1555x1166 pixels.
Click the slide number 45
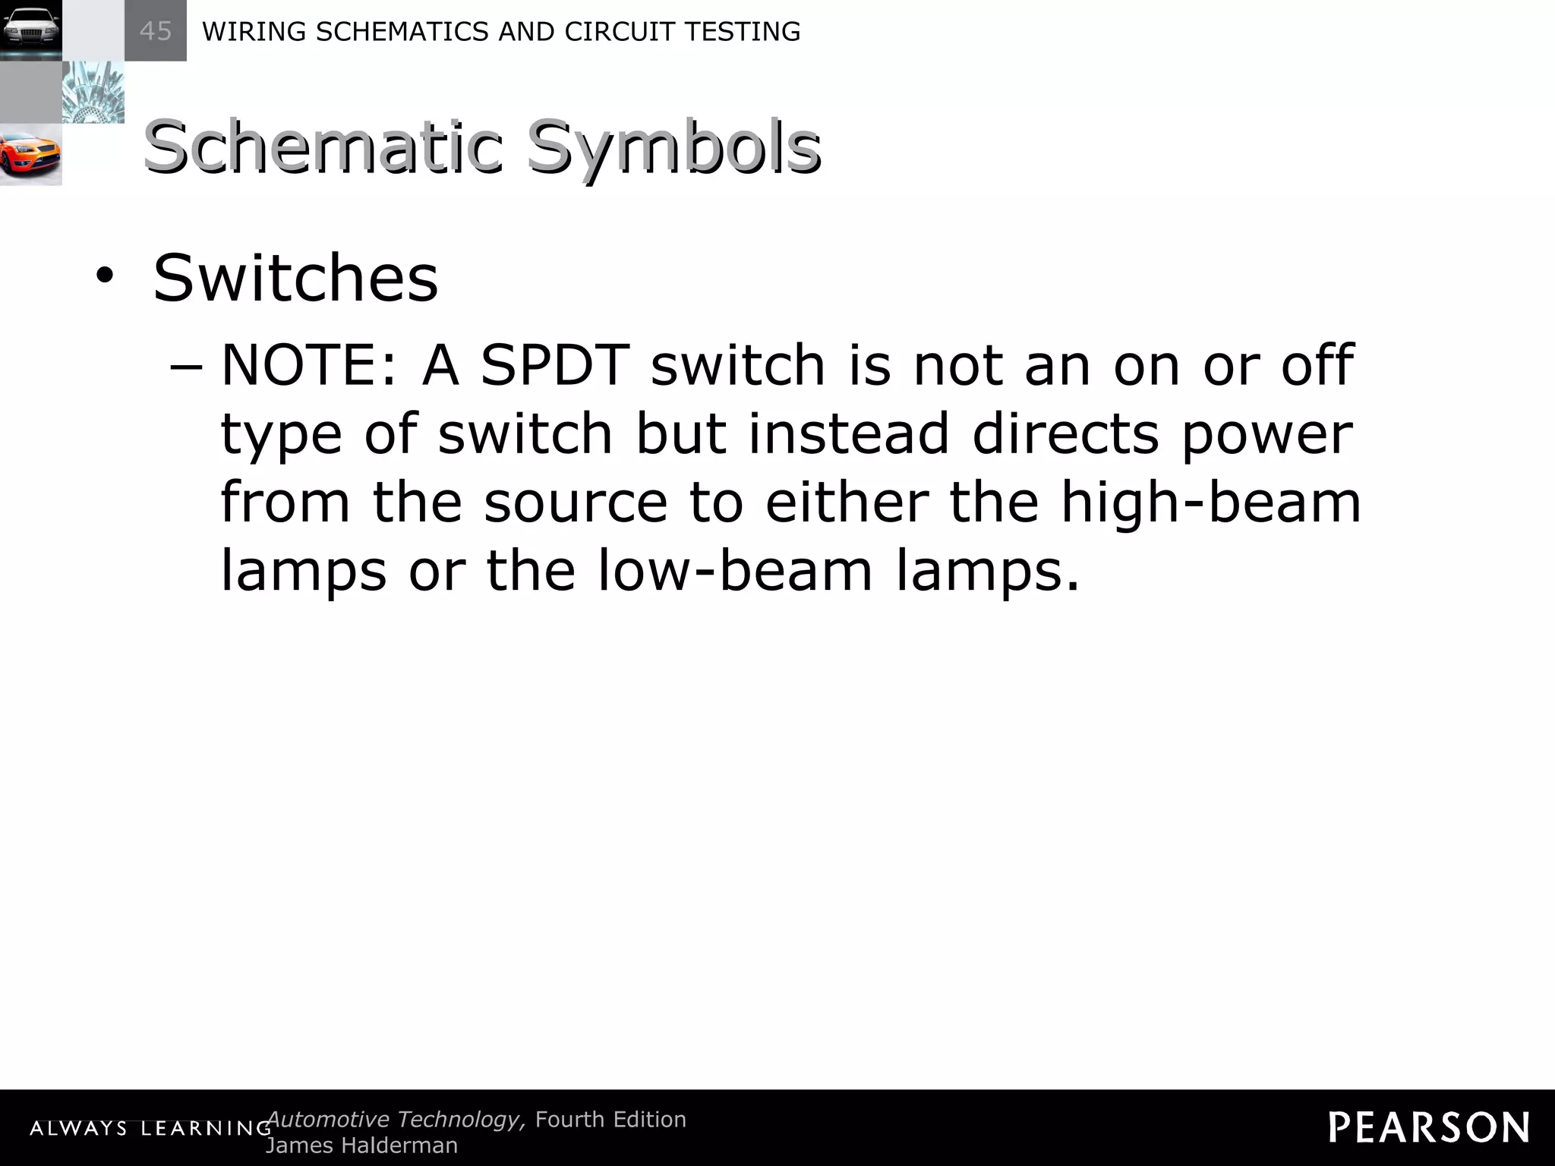[x=156, y=31]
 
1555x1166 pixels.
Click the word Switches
[x=295, y=278]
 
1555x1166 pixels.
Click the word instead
[x=848, y=433]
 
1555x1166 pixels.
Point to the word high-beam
[x=1210, y=503]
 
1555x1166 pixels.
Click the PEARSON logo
[x=1428, y=1127]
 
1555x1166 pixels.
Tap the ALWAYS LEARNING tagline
[x=150, y=1129]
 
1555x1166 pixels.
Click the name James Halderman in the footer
[x=361, y=1146]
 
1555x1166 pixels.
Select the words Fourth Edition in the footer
[x=610, y=1120]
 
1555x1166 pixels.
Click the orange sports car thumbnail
[x=30, y=155]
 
